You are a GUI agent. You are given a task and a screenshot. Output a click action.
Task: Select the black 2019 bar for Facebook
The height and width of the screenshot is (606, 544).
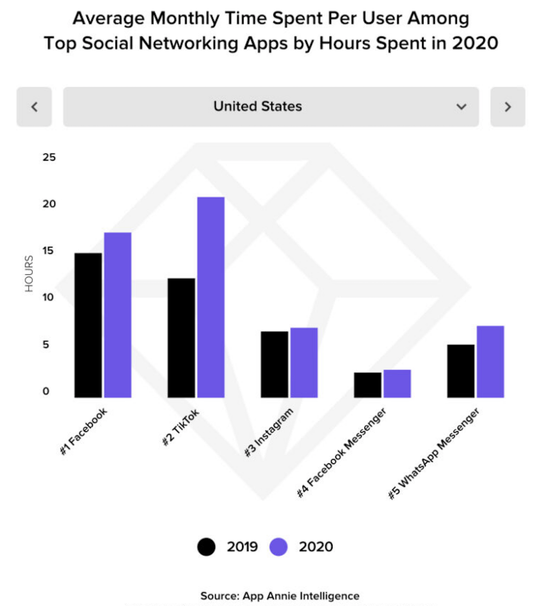[x=88, y=325]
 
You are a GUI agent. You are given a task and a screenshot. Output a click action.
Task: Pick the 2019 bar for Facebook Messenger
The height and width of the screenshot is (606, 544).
[x=368, y=385]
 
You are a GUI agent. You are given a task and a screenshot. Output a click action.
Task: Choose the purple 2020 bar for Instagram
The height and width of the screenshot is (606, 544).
[x=304, y=362]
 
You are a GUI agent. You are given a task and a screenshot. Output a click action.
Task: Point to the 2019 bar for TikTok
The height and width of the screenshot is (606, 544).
[x=181, y=338]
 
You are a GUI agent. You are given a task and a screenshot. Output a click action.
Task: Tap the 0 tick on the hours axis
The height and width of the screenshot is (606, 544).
[x=46, y=391]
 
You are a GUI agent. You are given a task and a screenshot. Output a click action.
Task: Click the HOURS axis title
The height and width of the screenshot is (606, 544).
[x=29, y=274]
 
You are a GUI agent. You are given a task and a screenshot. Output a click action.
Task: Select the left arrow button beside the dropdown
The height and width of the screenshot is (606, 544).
[x=34, y=107]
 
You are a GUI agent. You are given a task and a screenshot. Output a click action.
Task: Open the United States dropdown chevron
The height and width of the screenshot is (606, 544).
[x=461, y=107]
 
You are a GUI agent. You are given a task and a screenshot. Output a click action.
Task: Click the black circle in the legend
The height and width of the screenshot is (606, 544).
[x=206, y=547]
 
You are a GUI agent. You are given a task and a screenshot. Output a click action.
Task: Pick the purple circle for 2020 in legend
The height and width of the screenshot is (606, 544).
[x=278, y=547]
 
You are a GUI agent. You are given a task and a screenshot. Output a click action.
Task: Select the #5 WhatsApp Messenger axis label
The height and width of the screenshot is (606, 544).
[x=434, y=454]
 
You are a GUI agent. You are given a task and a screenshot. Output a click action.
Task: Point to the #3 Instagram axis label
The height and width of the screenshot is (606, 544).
[x=270, y=433]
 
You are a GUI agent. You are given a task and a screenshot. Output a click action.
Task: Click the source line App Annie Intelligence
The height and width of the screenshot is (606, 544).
[x=280, y=595]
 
